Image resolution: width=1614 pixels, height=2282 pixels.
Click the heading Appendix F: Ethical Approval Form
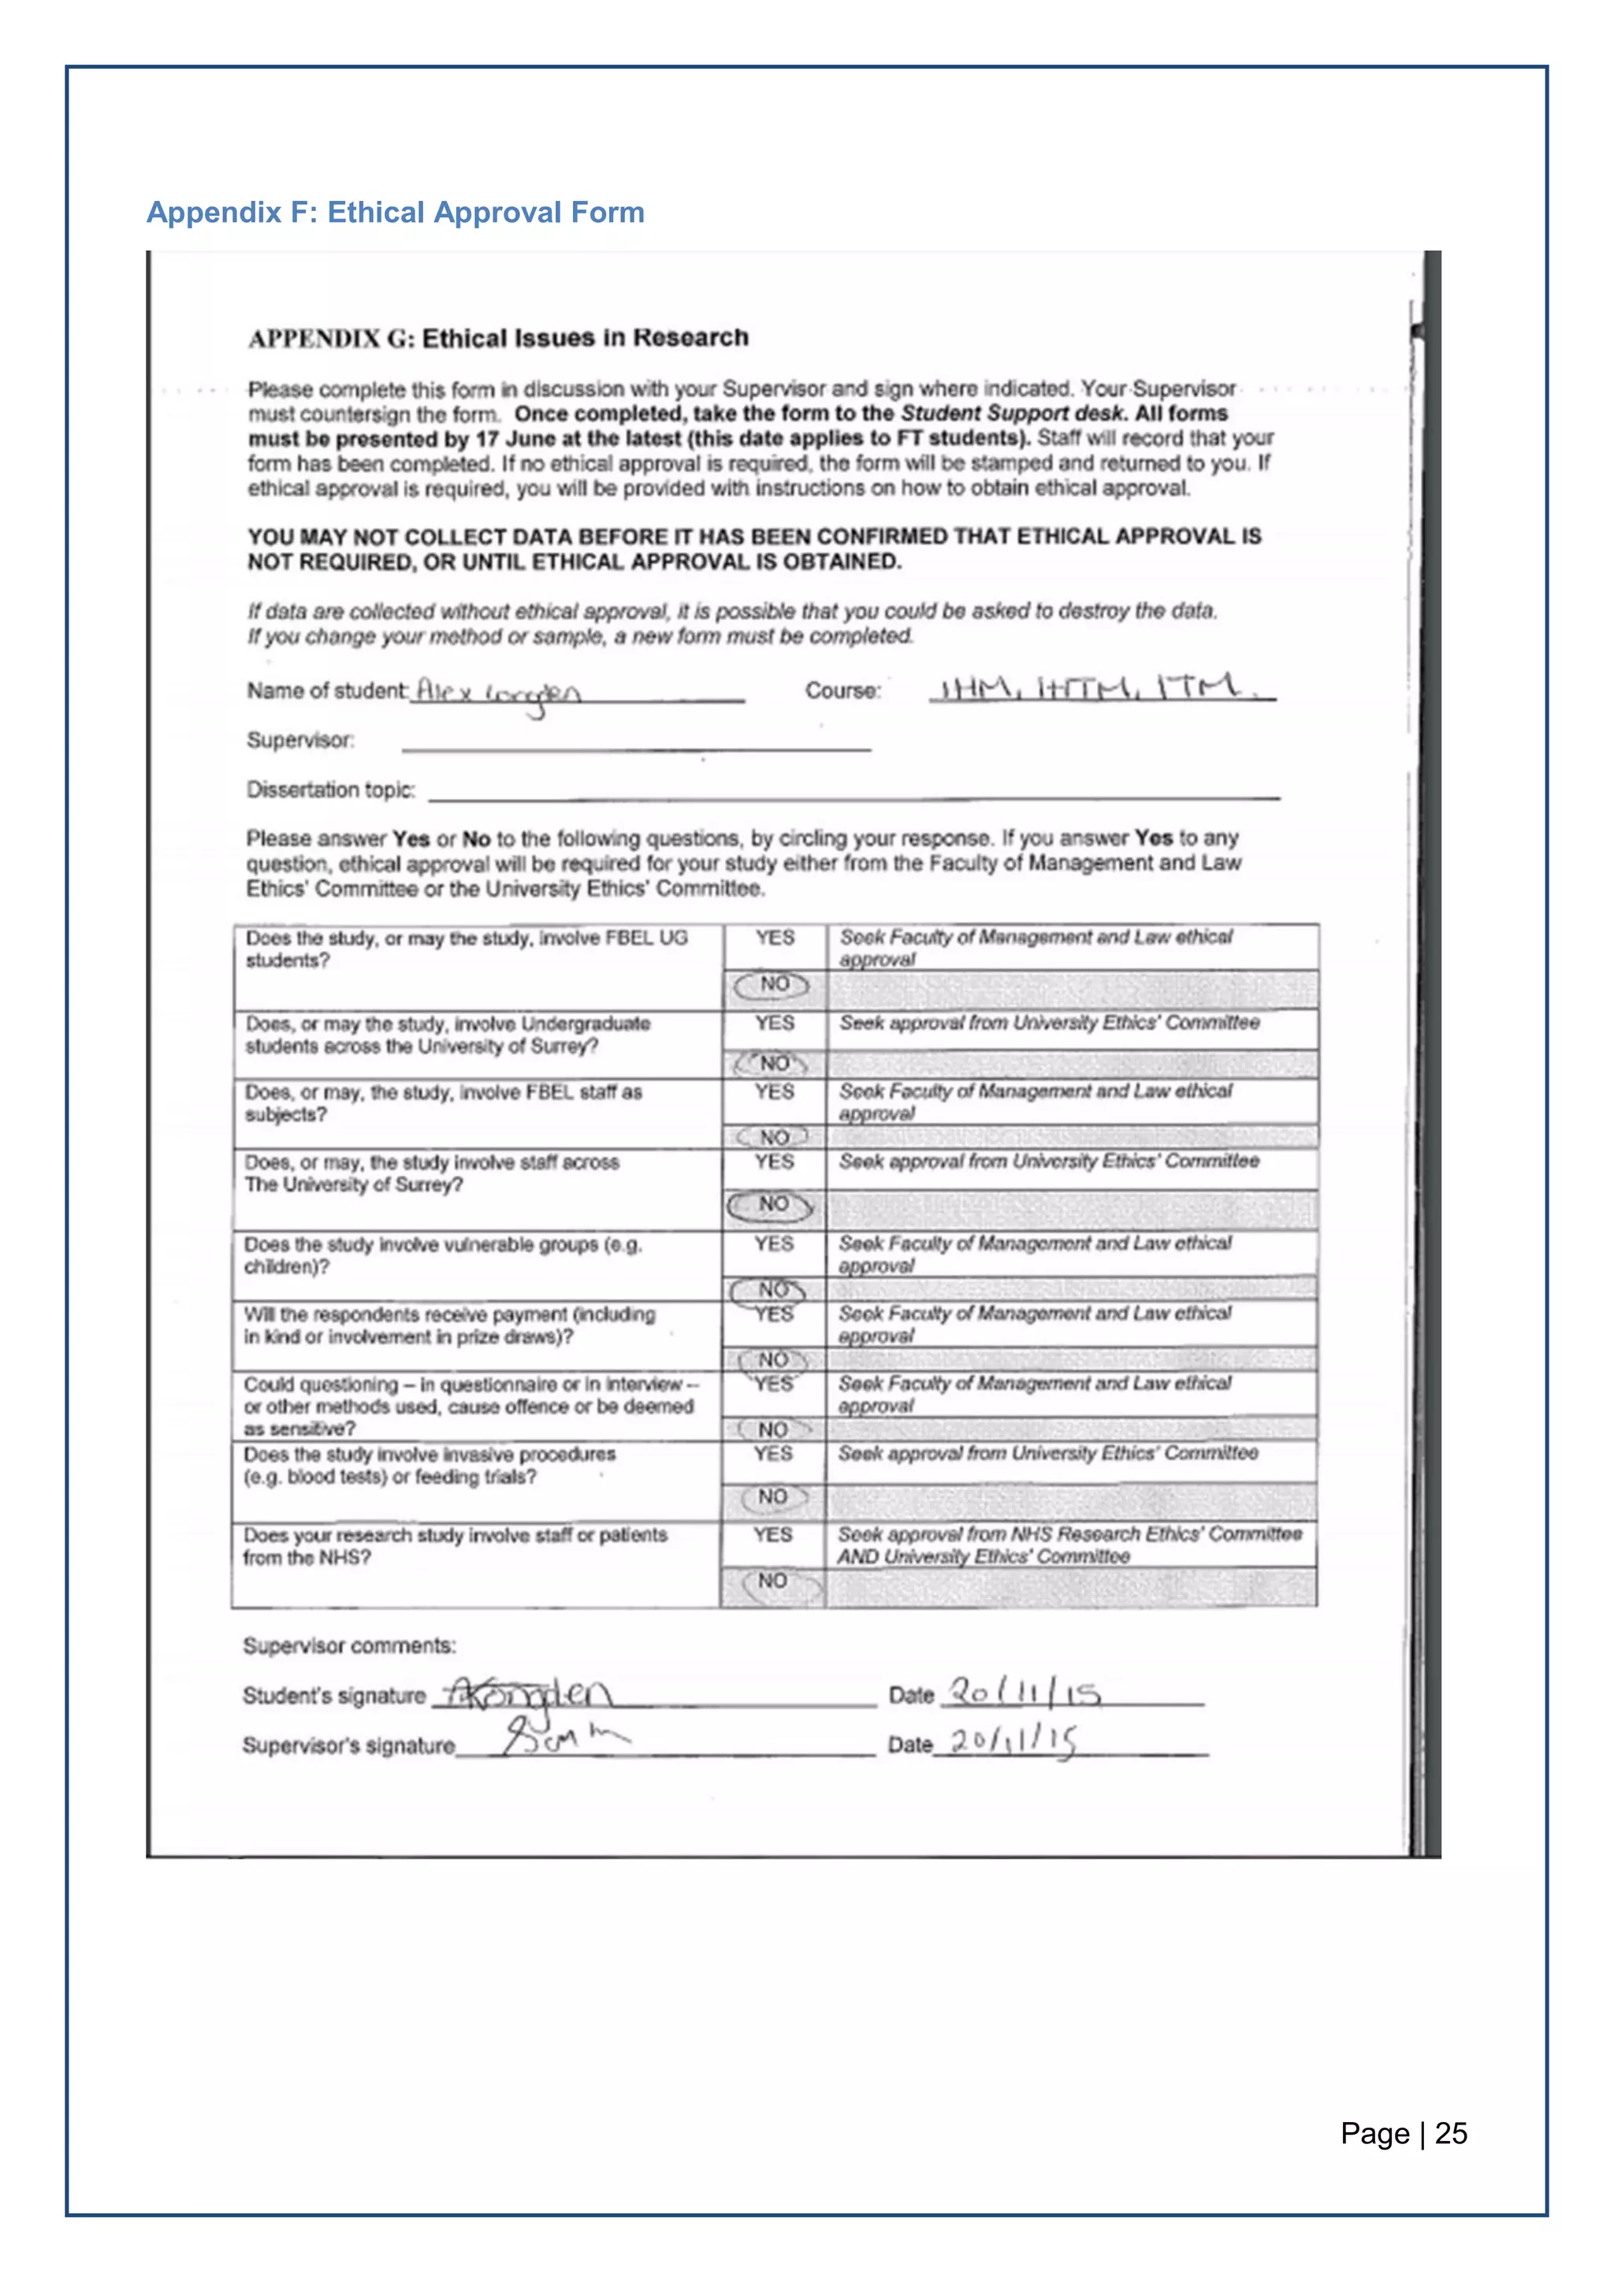click(395, 212)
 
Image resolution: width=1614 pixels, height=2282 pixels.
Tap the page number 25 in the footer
click(1451, 2133)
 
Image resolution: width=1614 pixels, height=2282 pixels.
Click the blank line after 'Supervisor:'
click(636, 745)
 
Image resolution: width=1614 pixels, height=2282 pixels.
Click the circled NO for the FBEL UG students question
click(773, 985)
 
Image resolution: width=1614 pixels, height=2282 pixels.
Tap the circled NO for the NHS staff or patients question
click(772, 1581)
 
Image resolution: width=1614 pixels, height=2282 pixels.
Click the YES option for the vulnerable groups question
click(773, 1244)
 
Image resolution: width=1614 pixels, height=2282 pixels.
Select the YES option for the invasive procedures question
click(772, 1454)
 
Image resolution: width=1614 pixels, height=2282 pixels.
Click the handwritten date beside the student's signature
click(1024, 1692)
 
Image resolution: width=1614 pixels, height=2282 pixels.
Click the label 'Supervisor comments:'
click(349, 1646)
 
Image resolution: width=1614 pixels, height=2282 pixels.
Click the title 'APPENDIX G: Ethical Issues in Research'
click(498, 338)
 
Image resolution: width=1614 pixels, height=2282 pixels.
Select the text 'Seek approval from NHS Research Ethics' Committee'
click(1069, 1533)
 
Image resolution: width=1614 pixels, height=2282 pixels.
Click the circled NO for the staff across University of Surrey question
click(772, 1205)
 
